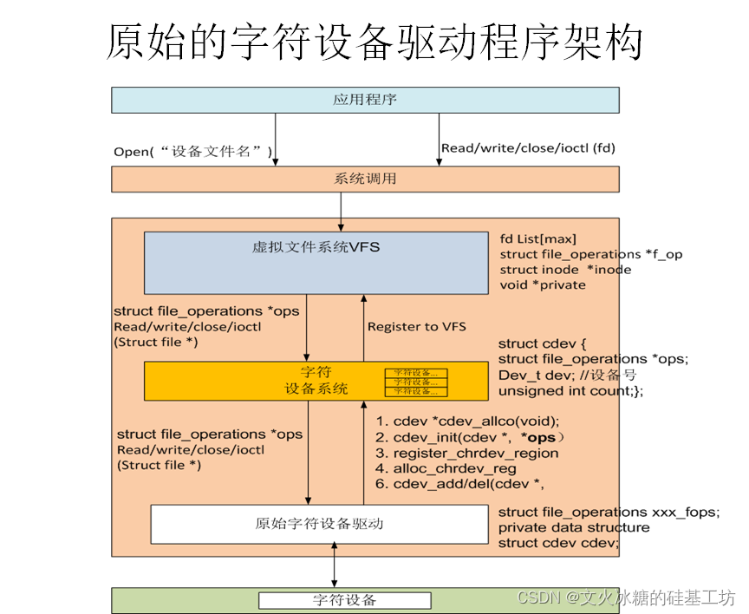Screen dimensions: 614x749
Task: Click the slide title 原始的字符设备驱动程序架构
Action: pyautogui.click(x=374, y=42)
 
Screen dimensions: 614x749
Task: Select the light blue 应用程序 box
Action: pyautogui.click(x=365, y=100)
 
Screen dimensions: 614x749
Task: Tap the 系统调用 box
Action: pyautogui.click(x=365, y=179)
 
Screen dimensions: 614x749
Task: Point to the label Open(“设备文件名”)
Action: pyautogui.click(x=193, y=152)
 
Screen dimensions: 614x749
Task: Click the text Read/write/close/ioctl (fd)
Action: pyautogui.click(x=528, y=147)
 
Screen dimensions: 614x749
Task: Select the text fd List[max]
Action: pyautogui.click(x=537, y=238)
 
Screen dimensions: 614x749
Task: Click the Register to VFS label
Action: pyautogui.click(x=416, y=326)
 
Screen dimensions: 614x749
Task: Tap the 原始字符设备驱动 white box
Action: pyautogui.click(x=319, y=524)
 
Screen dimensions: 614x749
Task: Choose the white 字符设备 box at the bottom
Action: pyautogui.click(x=344, y=600)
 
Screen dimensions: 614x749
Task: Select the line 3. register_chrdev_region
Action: pyautogui.click(x=466, y=453)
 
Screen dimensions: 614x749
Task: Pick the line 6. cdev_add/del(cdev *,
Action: pyautogui.click(x=459, y=484)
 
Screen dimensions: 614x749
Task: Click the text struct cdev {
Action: pyautogui.click(x=535, y=343)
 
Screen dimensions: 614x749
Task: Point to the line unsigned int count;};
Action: pyautogui.click(x=570, y=390)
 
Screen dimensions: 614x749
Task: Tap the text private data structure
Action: pyautogui.click(x=573, y=527)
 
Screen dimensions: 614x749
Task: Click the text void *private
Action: pyautogui.click(x=543, y=284)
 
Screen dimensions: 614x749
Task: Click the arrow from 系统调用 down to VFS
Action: pyautogui.click(x=341, y=211)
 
